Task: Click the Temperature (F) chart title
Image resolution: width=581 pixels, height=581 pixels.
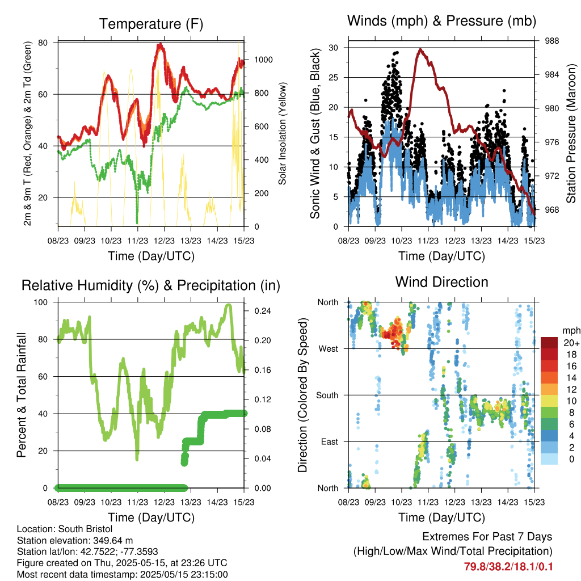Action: coord(151,24)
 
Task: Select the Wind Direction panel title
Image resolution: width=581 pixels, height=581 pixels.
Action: coord(441,282)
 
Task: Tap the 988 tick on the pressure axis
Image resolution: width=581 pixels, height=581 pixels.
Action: coord(551,41)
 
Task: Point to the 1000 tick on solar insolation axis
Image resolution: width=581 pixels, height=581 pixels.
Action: coord(263,60)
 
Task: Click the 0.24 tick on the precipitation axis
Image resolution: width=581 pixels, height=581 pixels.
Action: coord(262,311)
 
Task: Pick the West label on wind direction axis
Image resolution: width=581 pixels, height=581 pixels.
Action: coord(329,349)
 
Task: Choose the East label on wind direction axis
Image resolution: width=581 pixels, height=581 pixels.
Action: coord(330,441)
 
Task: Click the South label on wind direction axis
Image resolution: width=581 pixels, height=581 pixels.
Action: coord(327,395)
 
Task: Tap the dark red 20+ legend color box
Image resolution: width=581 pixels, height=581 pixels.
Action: coord(549,343)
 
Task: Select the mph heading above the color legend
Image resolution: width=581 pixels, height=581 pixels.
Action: coord(571,331)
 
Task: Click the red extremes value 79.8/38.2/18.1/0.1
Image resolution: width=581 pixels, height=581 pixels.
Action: coord(508,567)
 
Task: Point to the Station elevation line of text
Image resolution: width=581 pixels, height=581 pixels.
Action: coord(75,541)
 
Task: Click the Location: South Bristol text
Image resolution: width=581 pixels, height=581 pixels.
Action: coord(65,529)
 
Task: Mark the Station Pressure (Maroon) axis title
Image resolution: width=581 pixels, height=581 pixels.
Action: coord(571,133)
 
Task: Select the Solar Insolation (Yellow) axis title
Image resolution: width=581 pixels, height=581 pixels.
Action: coord(283,133)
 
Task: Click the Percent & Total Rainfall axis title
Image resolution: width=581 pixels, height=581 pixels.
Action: coord(22,395)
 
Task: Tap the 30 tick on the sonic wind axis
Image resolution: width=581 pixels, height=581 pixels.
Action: coord(333,48)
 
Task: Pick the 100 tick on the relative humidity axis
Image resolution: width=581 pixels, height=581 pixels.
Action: coord(41,302)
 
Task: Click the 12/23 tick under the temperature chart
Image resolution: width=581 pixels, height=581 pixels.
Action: coord(164,241)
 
